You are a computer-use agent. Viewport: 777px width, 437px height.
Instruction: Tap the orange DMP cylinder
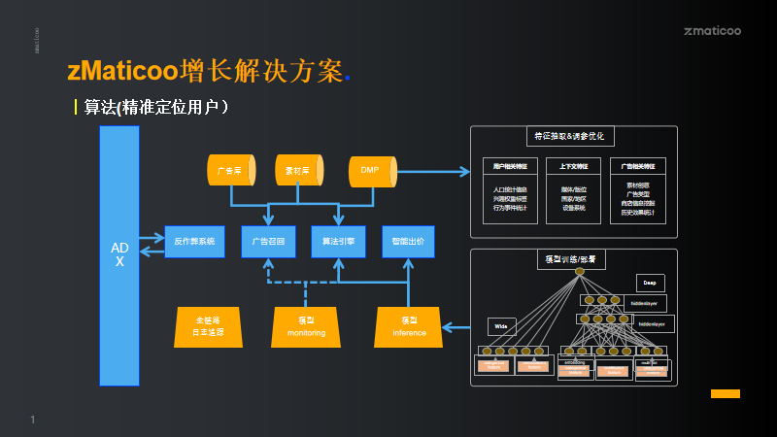(372, 171)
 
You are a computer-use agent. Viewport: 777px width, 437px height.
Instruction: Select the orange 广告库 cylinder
(231, 171)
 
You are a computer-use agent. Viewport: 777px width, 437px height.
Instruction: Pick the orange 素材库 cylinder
(299, 171)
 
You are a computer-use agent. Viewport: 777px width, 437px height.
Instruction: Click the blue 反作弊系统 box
(195, 241)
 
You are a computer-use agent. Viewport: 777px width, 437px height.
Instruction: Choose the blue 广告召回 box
(268, 241)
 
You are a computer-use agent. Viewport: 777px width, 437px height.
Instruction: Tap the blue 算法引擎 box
(338, 241)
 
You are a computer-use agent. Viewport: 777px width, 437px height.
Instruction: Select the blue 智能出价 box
(408, 241)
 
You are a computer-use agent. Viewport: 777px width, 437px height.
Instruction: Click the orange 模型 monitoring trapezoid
(306, 327)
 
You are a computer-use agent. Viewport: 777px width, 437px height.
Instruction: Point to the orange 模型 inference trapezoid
(409, 327)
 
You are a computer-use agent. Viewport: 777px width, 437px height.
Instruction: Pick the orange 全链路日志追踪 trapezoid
(208, 327)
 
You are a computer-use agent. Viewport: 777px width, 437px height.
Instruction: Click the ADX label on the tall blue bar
(119, 254)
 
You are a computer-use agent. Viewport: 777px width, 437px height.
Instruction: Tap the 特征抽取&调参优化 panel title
(574, 137)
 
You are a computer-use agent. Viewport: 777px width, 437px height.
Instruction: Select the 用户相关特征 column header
(510, 166)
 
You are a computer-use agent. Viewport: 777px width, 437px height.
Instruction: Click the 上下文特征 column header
(573, 166)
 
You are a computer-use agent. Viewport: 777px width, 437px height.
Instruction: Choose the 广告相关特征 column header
(638, 166)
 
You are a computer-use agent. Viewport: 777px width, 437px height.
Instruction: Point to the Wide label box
(502, 326)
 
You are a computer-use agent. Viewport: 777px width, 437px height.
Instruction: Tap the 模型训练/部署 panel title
(572, 260)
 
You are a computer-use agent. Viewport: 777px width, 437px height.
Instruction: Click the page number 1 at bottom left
(32, 420)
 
